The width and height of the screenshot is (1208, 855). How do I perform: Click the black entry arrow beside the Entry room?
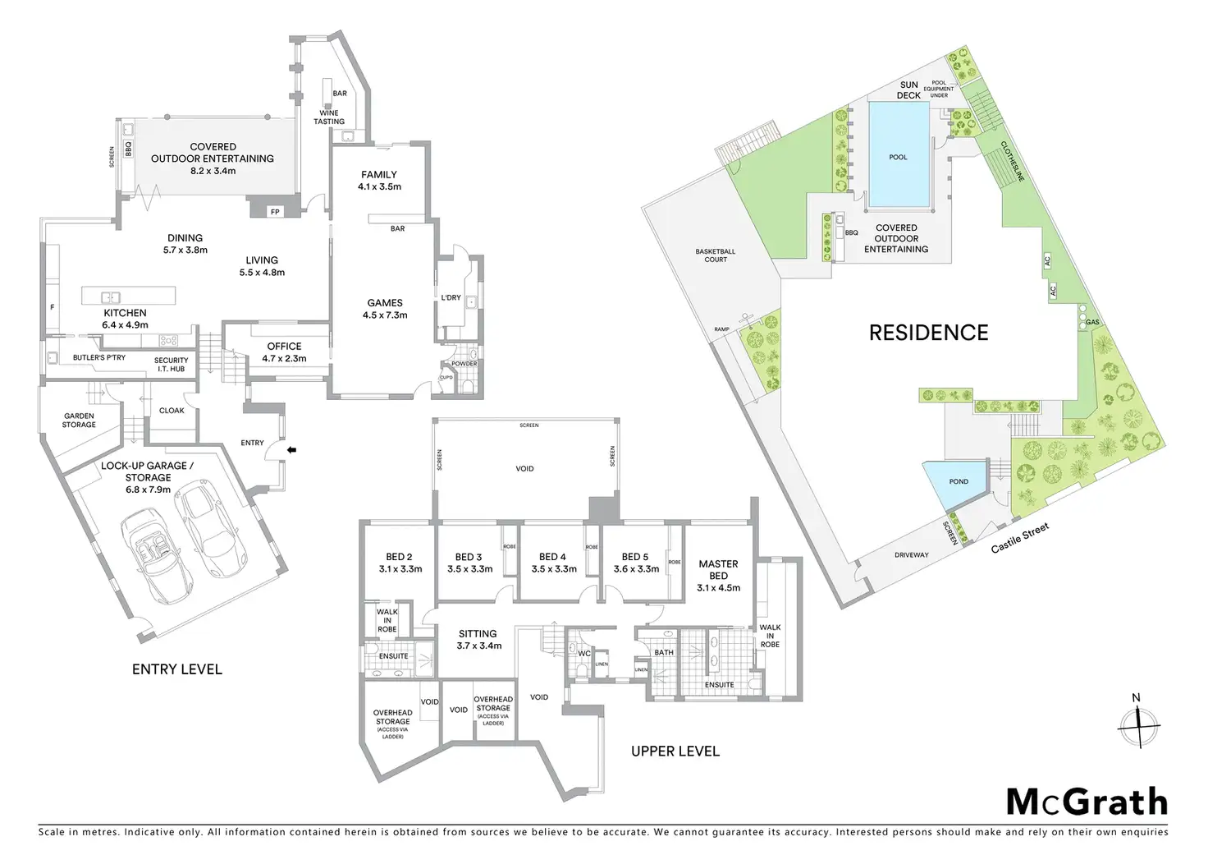tap(292, 449)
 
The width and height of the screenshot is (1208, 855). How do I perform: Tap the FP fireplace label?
tap(275, 212)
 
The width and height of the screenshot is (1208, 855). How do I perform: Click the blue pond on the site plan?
tap(956, 482)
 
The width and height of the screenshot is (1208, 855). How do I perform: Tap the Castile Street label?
tap(1020, 538)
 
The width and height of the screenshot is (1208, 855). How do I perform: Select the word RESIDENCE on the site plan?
tap(929, 333)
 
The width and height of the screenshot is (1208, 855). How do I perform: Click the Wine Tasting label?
tap(329, 117)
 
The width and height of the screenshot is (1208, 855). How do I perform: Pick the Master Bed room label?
tap(718, 569)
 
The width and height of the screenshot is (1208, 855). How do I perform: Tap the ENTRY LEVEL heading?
tap(177, 669)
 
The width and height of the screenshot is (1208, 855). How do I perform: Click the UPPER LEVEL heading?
tap(675, 751)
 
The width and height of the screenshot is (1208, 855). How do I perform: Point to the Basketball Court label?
tap(716, 255)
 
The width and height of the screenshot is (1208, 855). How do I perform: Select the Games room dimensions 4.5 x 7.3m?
tap(385, 315)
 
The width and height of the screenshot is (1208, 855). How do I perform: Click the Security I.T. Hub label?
tap(171, 365)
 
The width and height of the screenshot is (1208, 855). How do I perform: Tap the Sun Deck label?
tap(908, 90)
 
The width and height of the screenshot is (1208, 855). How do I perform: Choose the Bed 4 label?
tap(553, 557)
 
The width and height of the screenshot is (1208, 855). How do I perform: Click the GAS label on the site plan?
tap(1092, 322)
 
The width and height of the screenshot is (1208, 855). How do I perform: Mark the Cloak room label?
tap(172, 410)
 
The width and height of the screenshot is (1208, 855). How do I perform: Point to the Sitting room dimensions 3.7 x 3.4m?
tap(479, 646)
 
